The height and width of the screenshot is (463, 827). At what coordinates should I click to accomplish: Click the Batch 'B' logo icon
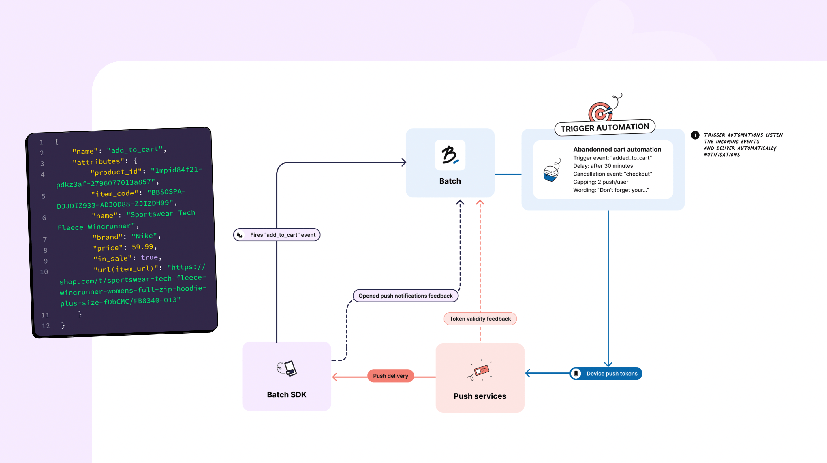450,155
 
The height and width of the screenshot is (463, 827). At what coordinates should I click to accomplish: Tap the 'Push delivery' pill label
390,376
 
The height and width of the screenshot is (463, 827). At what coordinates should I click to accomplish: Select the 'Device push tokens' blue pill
606,373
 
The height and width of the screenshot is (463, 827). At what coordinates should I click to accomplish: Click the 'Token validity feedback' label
480,319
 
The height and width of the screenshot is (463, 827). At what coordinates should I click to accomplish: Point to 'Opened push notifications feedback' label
405,296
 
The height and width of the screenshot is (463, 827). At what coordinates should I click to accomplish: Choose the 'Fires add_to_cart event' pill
277,235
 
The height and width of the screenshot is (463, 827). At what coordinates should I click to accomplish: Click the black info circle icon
695,135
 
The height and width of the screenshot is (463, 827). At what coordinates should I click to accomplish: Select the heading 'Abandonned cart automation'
617,149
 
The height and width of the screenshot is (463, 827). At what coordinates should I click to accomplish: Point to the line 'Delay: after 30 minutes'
603,166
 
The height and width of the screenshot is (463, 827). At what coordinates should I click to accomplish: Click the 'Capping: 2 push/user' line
601,182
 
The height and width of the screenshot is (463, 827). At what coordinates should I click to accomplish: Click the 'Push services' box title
480,396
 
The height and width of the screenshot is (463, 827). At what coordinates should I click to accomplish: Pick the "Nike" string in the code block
144,236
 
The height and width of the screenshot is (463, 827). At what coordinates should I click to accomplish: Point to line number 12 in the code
46,325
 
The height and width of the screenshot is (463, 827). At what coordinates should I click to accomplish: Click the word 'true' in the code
149,257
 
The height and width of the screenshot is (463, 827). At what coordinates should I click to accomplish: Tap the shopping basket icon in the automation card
552,170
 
